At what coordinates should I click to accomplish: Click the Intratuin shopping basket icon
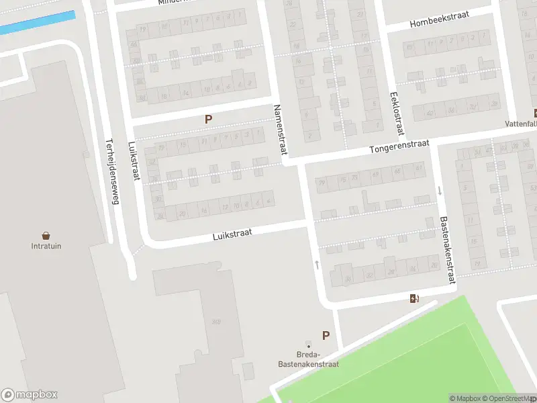[x=46, y=236]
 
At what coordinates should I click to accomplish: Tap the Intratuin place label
[x=46, y=247]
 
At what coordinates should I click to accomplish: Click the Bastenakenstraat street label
[x=447, y=249]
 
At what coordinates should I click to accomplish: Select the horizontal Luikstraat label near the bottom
[x=232, y=234]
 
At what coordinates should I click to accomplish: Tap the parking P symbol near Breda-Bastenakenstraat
[x=326, y=336]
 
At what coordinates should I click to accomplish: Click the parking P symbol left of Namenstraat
[x=208, y=119]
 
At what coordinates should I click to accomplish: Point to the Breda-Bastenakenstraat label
[x=308, y=359]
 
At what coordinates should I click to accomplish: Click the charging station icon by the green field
[x=414, y=298]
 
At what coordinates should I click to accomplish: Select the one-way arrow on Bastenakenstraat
[x=440, y=191]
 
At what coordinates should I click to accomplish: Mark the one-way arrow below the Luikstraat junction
[x=317, y=264]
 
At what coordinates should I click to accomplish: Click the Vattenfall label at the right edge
[x=522, y=124]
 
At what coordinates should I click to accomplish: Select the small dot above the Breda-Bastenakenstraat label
[x=308, y=346]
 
